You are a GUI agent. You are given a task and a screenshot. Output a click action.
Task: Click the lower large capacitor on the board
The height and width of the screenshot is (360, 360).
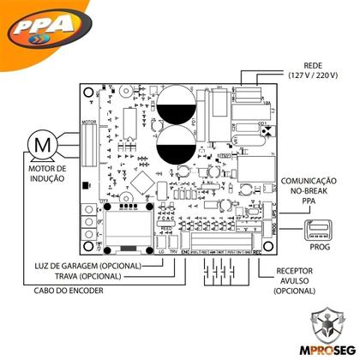click(178, 143)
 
